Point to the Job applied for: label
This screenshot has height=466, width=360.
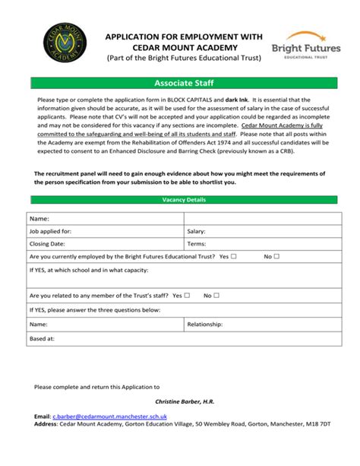pyautogui.click(x=50, y=231)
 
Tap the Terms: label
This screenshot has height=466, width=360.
pyautogui.click(x=196, y=244)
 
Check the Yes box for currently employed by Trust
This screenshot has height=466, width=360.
pyautogui.click(x=234, y=257)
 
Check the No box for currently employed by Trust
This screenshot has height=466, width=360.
pyautogui.click(x=276, y=257)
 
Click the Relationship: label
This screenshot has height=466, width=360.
pyautogui.click(x=204, y=324)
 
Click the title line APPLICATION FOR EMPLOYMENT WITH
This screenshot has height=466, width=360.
pyautogui.click(x=184, y=36)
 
